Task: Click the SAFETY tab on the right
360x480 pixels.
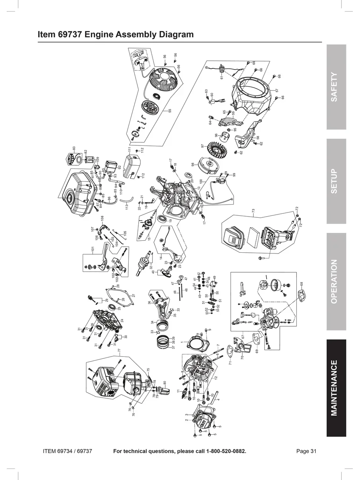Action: (x=336, y=87)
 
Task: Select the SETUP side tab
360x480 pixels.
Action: (x=336, y=181)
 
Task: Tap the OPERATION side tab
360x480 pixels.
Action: (x=336, y=281)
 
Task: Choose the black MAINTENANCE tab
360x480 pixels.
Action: (x=336, y=388)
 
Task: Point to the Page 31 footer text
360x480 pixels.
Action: (x=306, y=451)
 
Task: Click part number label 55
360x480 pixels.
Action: (x=170, y=111)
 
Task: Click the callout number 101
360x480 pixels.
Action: (x=92, y=250)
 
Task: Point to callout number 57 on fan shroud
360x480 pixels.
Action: (x=277, y=91)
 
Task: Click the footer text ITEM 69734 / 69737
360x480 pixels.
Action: (x=68, y=451)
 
